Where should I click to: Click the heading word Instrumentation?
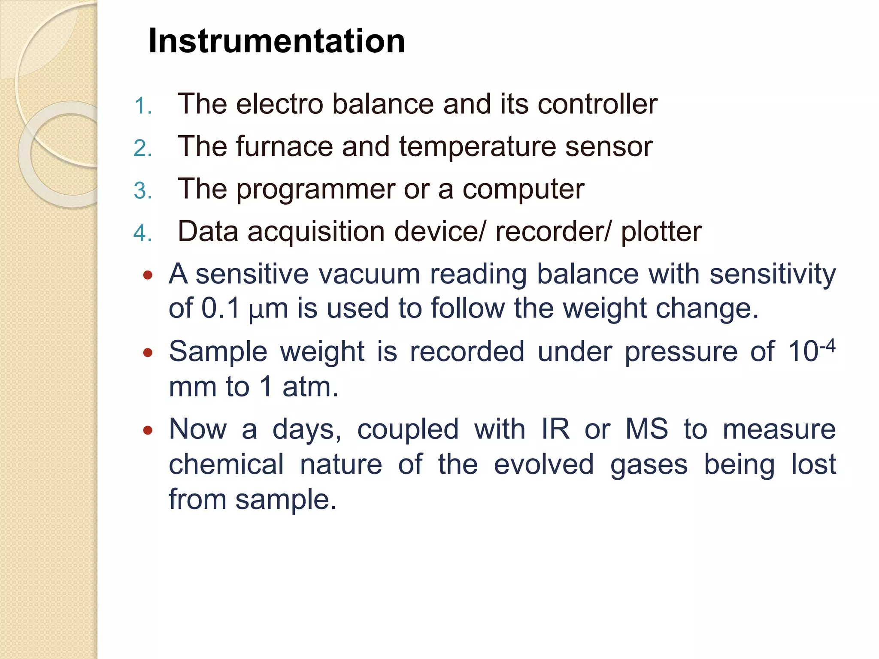(x=276, y=41)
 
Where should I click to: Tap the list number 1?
(x=142, y=106)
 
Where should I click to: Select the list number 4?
(x=142, y=233)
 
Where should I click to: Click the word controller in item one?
(x=597, y=104)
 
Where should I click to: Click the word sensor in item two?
(x=609, y=147)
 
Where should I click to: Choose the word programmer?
(x=315, y=190)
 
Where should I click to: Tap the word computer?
(x=523, y=190)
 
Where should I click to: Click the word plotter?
(x=661, y=232)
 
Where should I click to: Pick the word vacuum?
(x=369, y=274)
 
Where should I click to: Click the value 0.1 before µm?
(x=220, y=308)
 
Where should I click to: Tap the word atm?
(x=310, y=387)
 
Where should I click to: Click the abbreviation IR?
(x=555, y=429)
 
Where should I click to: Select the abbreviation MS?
(x=646, y=429)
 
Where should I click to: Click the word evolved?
(x=543, y=465)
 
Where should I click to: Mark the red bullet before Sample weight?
(x=148, y=353)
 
